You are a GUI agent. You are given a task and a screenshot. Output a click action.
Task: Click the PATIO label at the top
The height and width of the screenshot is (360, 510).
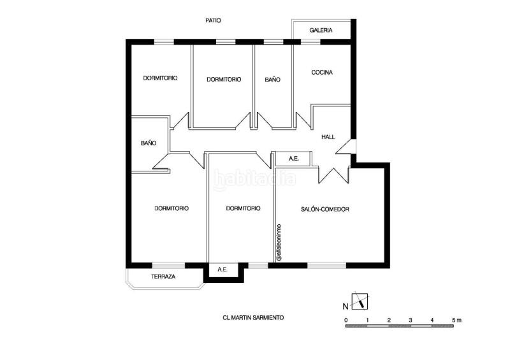point(213,20)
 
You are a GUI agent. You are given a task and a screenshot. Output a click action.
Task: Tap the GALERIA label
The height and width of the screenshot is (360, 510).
point(321,30)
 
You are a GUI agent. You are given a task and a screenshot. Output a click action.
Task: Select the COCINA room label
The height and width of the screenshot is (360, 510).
point(322,73)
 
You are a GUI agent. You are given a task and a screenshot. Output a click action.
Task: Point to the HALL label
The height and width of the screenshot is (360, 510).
point(328,137)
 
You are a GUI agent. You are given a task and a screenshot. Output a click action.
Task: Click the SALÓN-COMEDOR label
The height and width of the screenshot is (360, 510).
point(325,209)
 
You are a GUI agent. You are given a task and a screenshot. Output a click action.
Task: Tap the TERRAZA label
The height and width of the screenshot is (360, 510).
point(163,277)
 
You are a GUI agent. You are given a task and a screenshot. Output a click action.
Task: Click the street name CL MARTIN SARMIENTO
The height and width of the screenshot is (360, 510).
point(253,318)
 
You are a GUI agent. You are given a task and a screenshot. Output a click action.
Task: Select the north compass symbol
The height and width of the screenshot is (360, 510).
point(360,301)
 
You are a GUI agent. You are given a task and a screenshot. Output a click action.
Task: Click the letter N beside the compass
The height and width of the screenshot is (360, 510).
point(346,306)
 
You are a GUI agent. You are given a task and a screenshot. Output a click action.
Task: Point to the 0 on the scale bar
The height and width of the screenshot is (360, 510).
point(346,320)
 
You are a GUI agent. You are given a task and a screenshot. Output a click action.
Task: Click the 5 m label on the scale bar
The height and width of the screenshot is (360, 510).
point(456,320)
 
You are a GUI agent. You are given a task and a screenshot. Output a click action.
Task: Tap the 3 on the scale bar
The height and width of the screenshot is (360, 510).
point(411,320)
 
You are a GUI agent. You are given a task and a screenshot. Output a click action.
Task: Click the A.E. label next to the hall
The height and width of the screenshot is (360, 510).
point(294,159)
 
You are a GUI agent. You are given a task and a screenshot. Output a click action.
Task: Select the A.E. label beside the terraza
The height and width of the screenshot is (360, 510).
point(222,270)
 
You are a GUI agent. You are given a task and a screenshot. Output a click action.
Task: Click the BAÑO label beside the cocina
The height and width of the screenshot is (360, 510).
point(273,80)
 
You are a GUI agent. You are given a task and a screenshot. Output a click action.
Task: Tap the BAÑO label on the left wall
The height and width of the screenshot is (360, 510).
point(149,143)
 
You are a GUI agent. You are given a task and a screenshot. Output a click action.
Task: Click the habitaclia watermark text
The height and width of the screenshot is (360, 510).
point(254,179)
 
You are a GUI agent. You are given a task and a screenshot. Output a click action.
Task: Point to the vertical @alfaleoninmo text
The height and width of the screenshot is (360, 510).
point(279,243)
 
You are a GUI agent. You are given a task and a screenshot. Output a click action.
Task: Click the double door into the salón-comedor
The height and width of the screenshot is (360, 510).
point(333,176)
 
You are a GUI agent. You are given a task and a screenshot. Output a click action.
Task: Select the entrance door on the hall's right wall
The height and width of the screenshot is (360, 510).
point(346,147)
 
